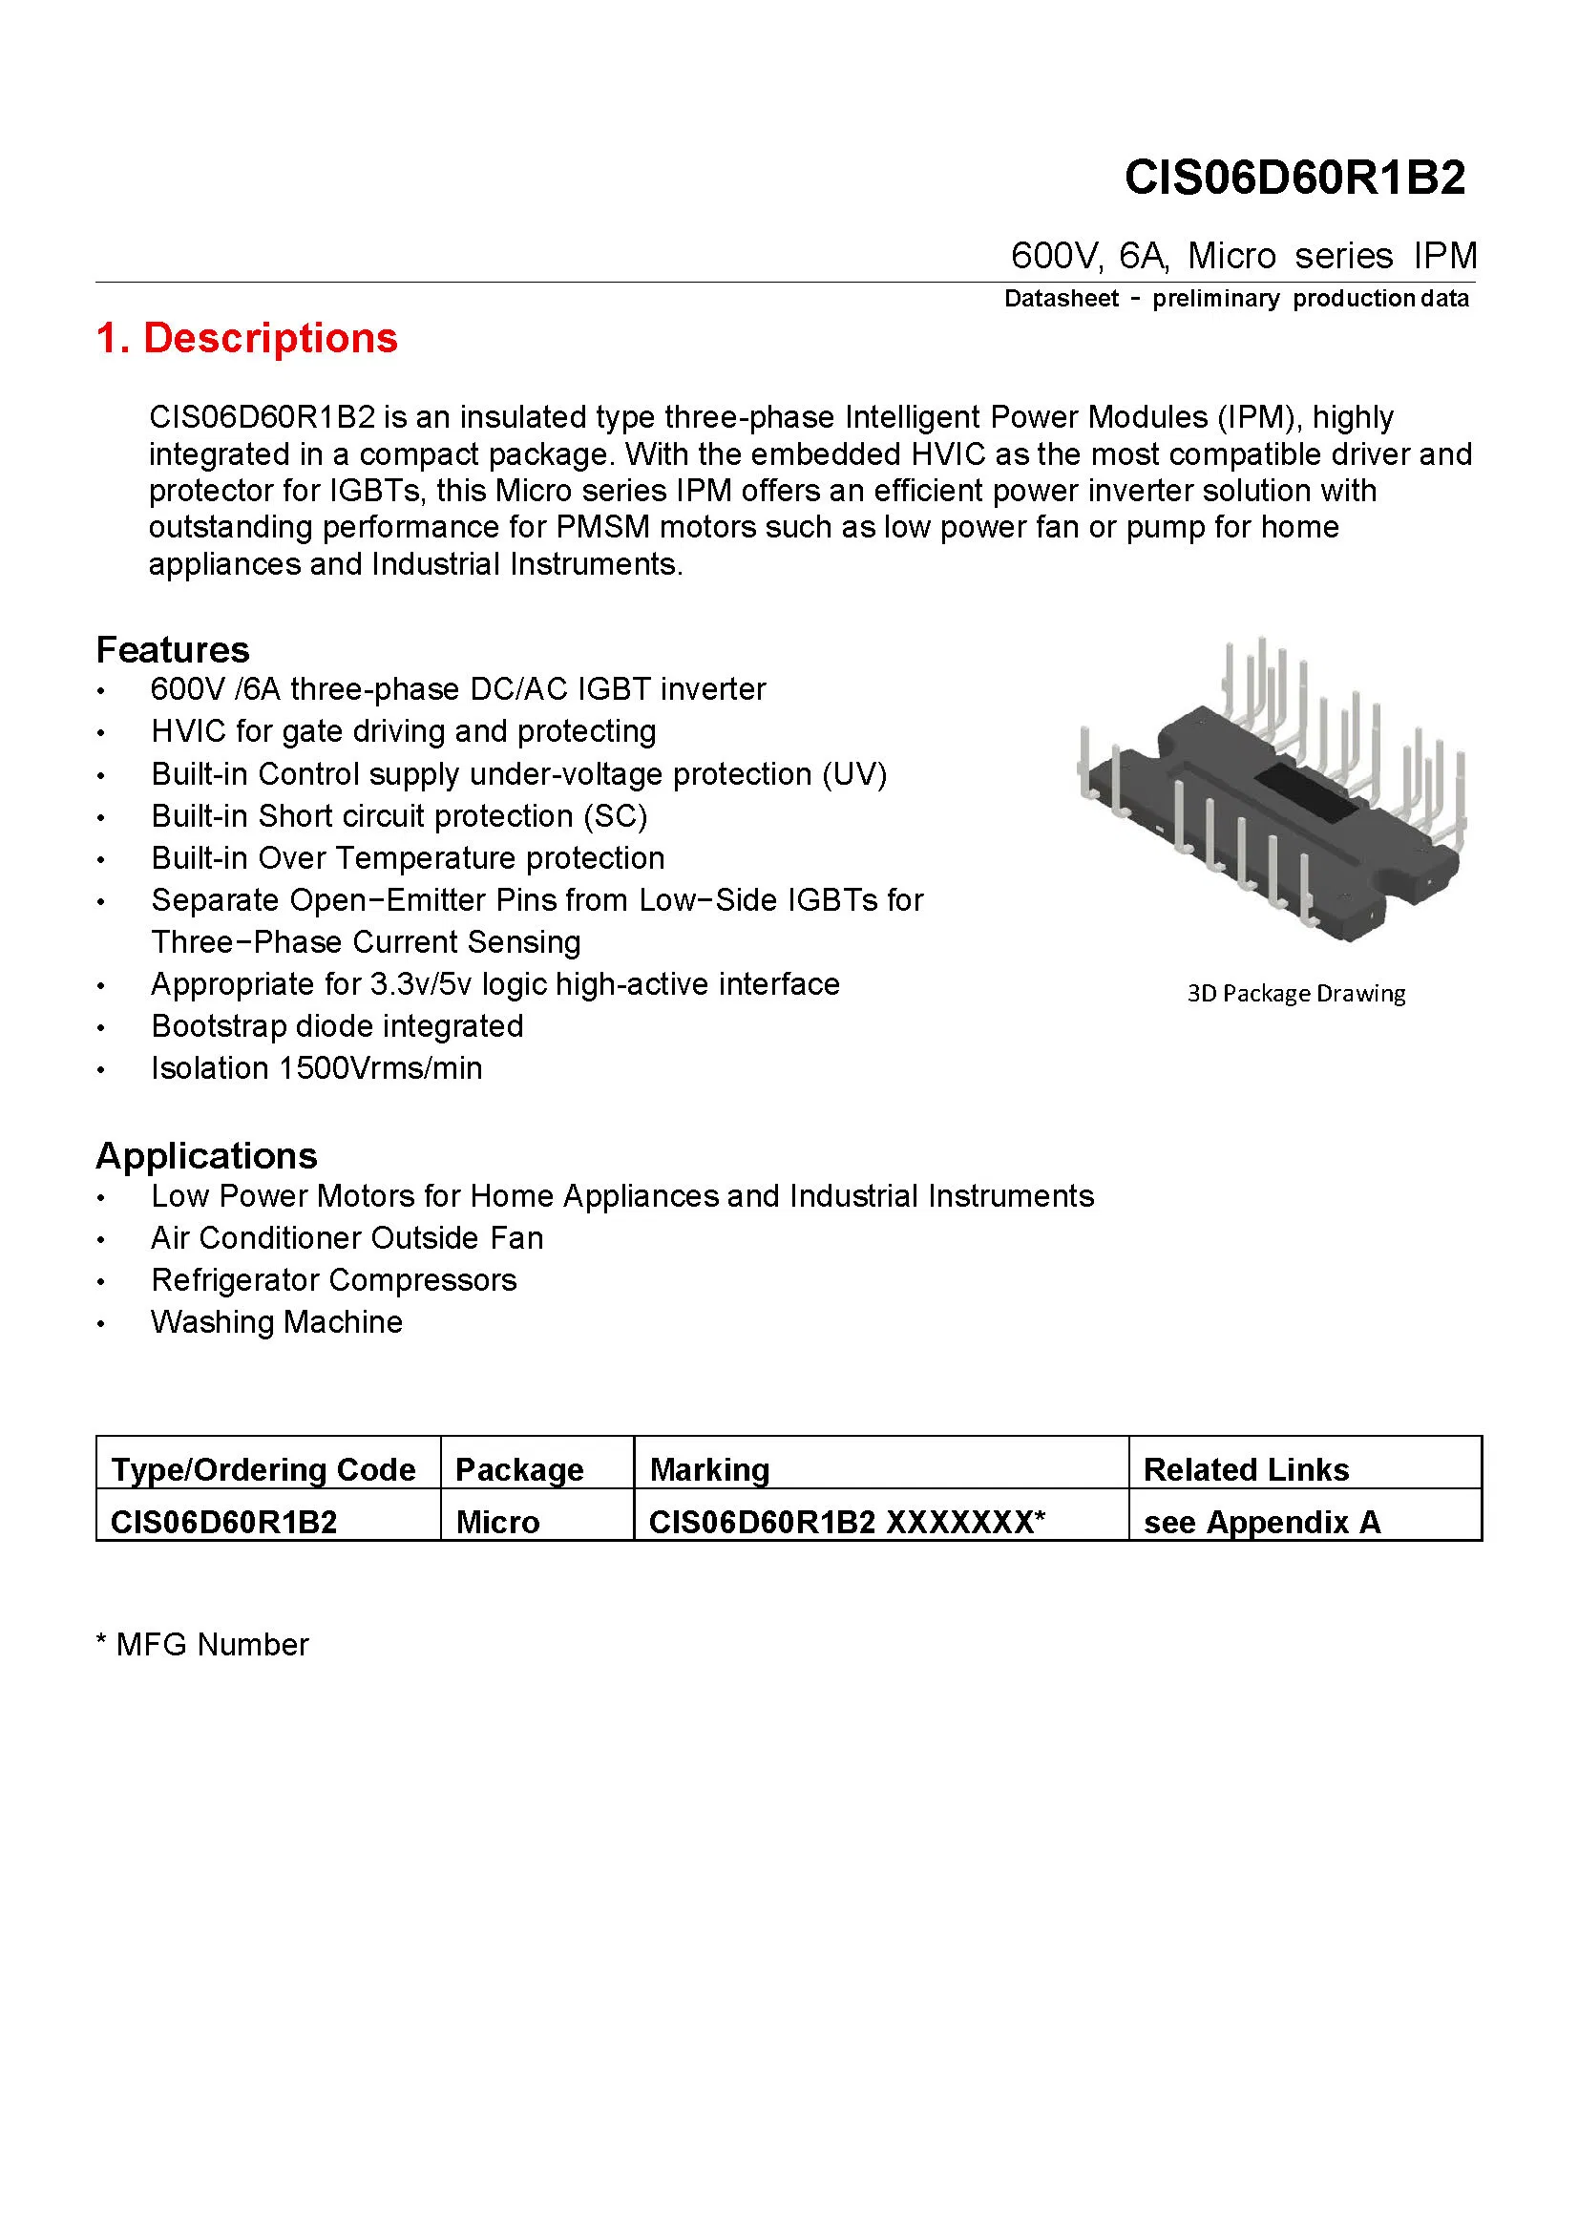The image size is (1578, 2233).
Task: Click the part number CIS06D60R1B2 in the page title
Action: pos(1294,178)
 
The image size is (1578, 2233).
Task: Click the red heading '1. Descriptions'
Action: pos(247,339)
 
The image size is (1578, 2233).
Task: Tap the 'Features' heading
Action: pos(172,650)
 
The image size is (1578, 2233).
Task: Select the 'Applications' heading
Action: pos(206,1155)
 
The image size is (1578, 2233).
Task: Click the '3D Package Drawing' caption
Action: pos(1295,993)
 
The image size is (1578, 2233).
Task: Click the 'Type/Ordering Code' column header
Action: pos(263,1468)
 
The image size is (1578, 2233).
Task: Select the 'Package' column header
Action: pos(519,1468)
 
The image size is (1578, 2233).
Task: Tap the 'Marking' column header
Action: pos(708,1468)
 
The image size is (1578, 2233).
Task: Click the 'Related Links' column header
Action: pos(1246,1468)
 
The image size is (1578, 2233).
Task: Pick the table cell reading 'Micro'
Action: pos(497,1521)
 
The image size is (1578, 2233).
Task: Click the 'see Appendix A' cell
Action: pos(1261,1521)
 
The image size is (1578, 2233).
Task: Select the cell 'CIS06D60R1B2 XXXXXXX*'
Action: pos(846,1521)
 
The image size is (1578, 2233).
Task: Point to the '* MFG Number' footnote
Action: pos(202,1644)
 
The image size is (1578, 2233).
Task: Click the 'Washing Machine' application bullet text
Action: pos(276,1321)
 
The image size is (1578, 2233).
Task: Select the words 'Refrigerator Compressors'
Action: pos(333,1280)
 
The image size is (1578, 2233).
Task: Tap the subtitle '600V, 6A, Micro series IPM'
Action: pos(1244,256)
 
